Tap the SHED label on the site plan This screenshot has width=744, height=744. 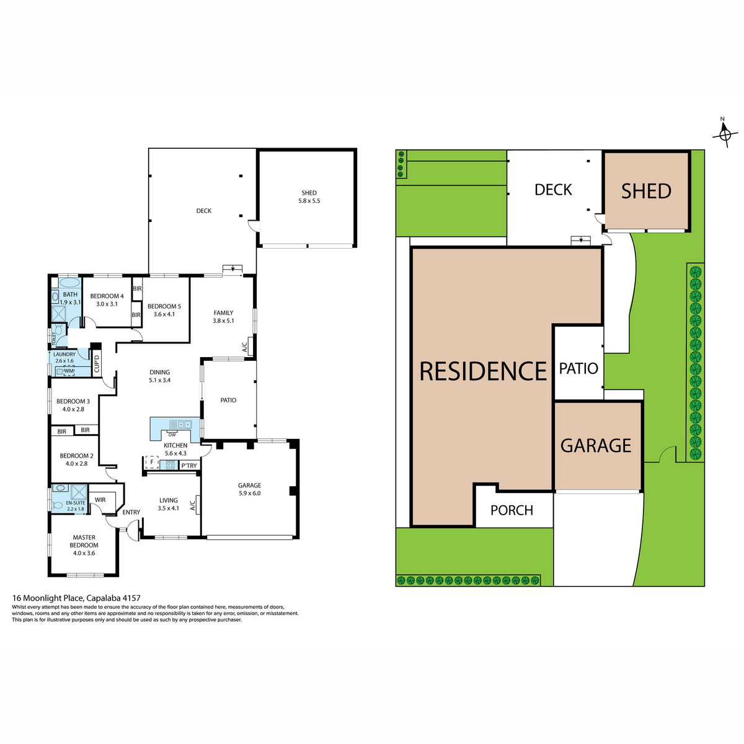click(646, 191)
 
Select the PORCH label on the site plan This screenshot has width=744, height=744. click(511, 510)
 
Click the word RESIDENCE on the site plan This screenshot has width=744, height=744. click(482, 371)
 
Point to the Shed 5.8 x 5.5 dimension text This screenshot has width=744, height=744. click(309, 201)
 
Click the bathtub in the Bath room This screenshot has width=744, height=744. click(70, 283)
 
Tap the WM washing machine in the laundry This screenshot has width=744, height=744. click(69, 371)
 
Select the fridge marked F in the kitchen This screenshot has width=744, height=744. click(152, 462)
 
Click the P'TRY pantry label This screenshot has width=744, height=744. click(189, 466)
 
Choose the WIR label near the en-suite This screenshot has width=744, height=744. click(100, 500)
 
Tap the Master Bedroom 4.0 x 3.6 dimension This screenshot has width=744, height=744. click(84, 553)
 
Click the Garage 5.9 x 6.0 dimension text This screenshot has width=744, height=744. click(249, 493)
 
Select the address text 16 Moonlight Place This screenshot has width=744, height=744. click(48, 598)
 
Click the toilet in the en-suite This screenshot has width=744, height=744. click(58, 506)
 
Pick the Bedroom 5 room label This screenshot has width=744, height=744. click(164, 306)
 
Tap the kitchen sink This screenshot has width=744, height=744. click(180, 424)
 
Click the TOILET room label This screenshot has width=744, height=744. click(54, 339)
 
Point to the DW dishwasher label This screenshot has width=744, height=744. click(172, 435)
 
